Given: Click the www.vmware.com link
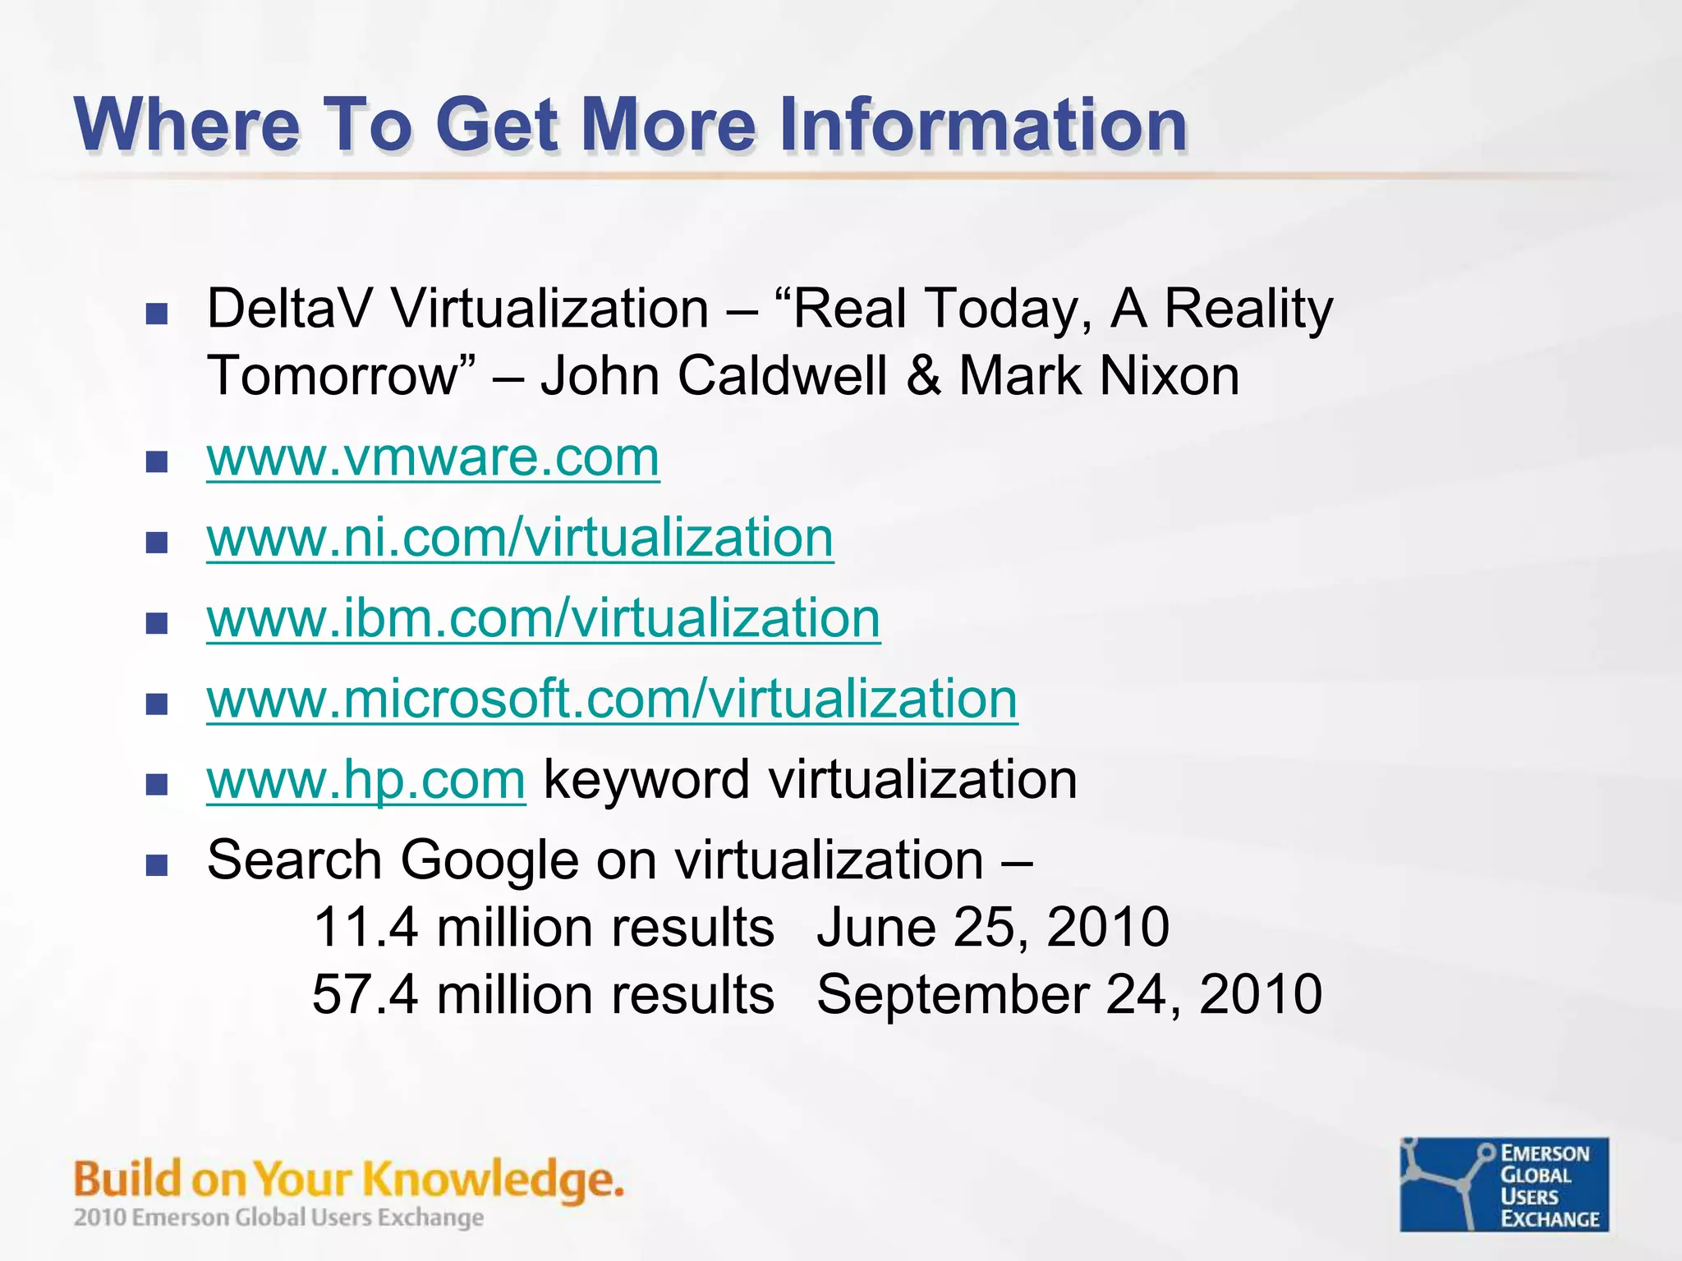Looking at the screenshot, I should pos(433,457).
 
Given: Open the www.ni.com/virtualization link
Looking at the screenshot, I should pos(520,538).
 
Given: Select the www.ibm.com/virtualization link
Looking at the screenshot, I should pos(543,618).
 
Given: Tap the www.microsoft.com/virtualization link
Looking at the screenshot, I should pos(612,699).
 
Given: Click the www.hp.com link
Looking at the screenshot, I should pos(365,779).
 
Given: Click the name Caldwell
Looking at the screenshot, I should pos(784,376).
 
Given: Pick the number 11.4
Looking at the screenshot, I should pos(364,927).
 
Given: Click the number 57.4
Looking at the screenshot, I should pos(364,994).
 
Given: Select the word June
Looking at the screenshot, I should pos(875,927).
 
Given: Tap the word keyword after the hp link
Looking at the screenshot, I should pos(646,779).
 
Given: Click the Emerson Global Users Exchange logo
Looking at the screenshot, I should pos(1504,1184).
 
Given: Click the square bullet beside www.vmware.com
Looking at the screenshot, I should pos(156,462).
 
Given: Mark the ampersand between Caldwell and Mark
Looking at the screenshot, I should pos(923,376).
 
